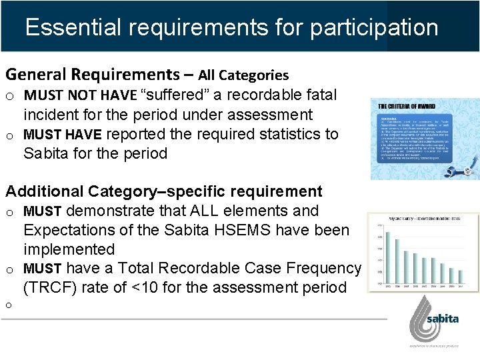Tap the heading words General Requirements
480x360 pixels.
pos(86,75)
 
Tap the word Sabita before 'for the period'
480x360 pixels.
pos(48,153)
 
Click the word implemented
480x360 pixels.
pos(69,249)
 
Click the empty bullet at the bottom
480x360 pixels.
pos(10,305)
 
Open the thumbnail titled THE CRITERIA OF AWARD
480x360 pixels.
pos(425,139)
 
